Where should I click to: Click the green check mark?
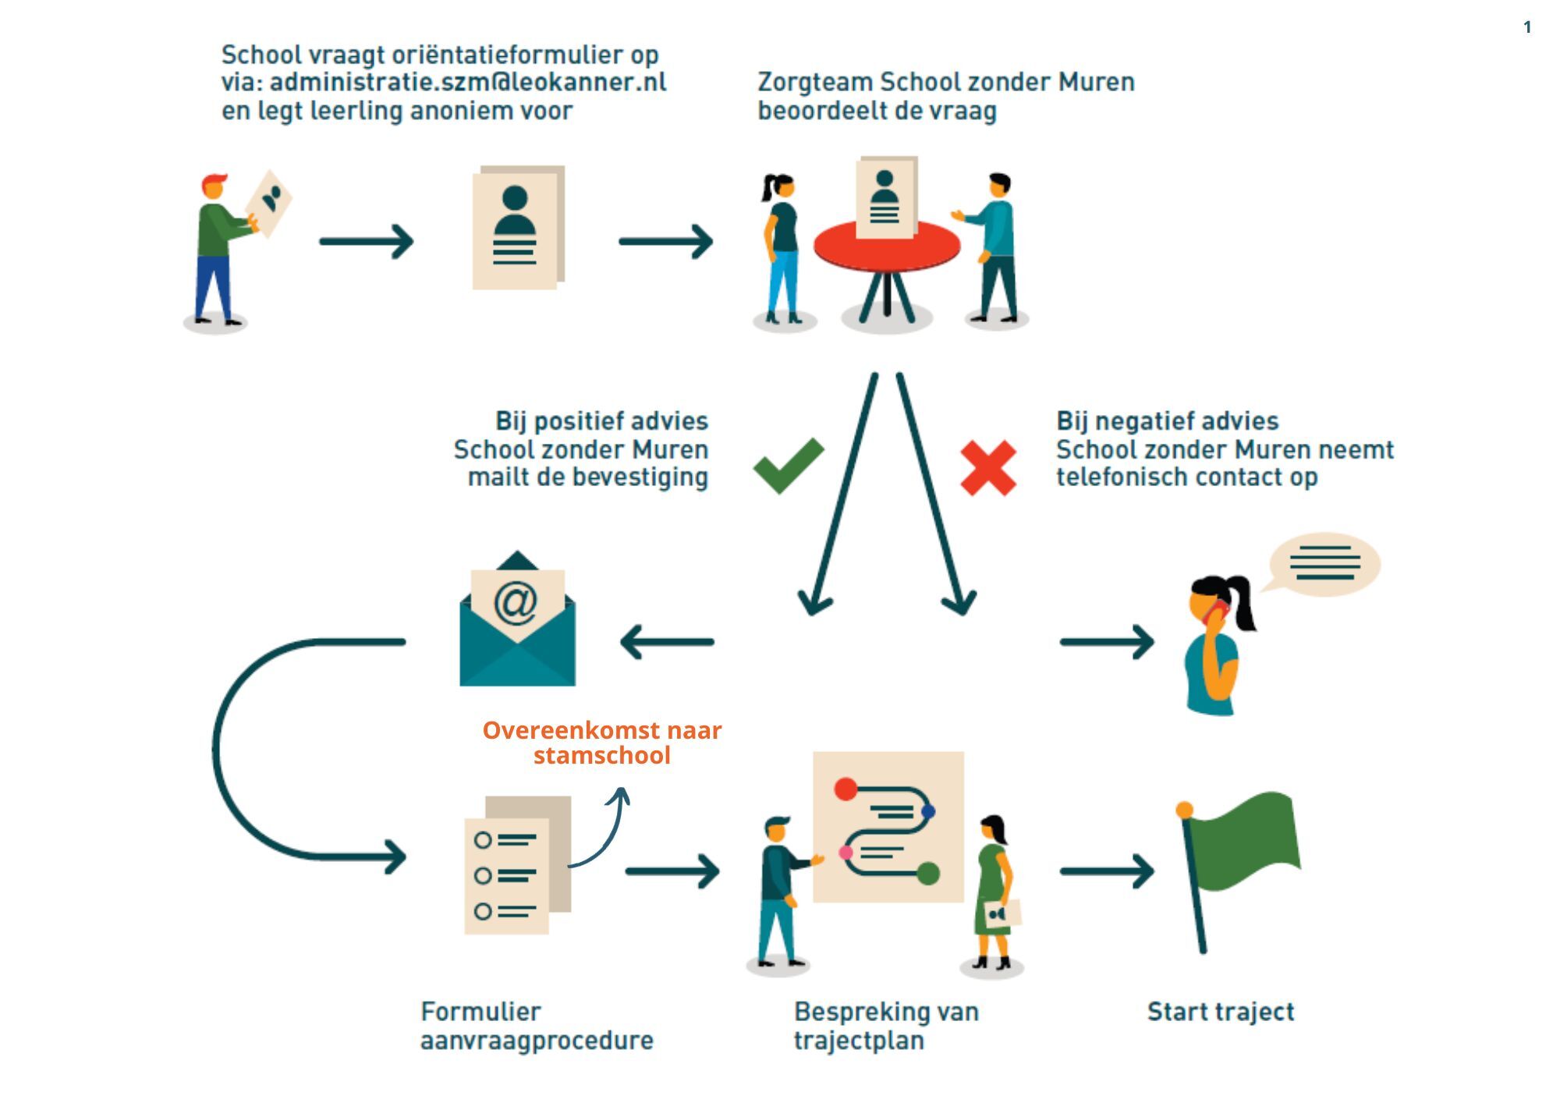point(787,466)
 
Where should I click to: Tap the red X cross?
point(987,468)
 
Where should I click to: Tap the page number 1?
point(1527,28)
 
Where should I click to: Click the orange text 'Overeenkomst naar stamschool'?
point(601,743)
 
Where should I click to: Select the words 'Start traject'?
point(1220,1012)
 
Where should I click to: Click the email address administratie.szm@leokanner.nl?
point(468,83)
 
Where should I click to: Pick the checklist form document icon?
point(515,867)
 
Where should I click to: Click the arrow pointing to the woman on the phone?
point(1106,642)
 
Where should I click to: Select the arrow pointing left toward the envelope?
point(667,642)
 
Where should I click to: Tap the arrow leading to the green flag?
point(1106,871)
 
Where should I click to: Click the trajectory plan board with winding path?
point(888,827)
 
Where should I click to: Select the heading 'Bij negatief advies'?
point(1167,421)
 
